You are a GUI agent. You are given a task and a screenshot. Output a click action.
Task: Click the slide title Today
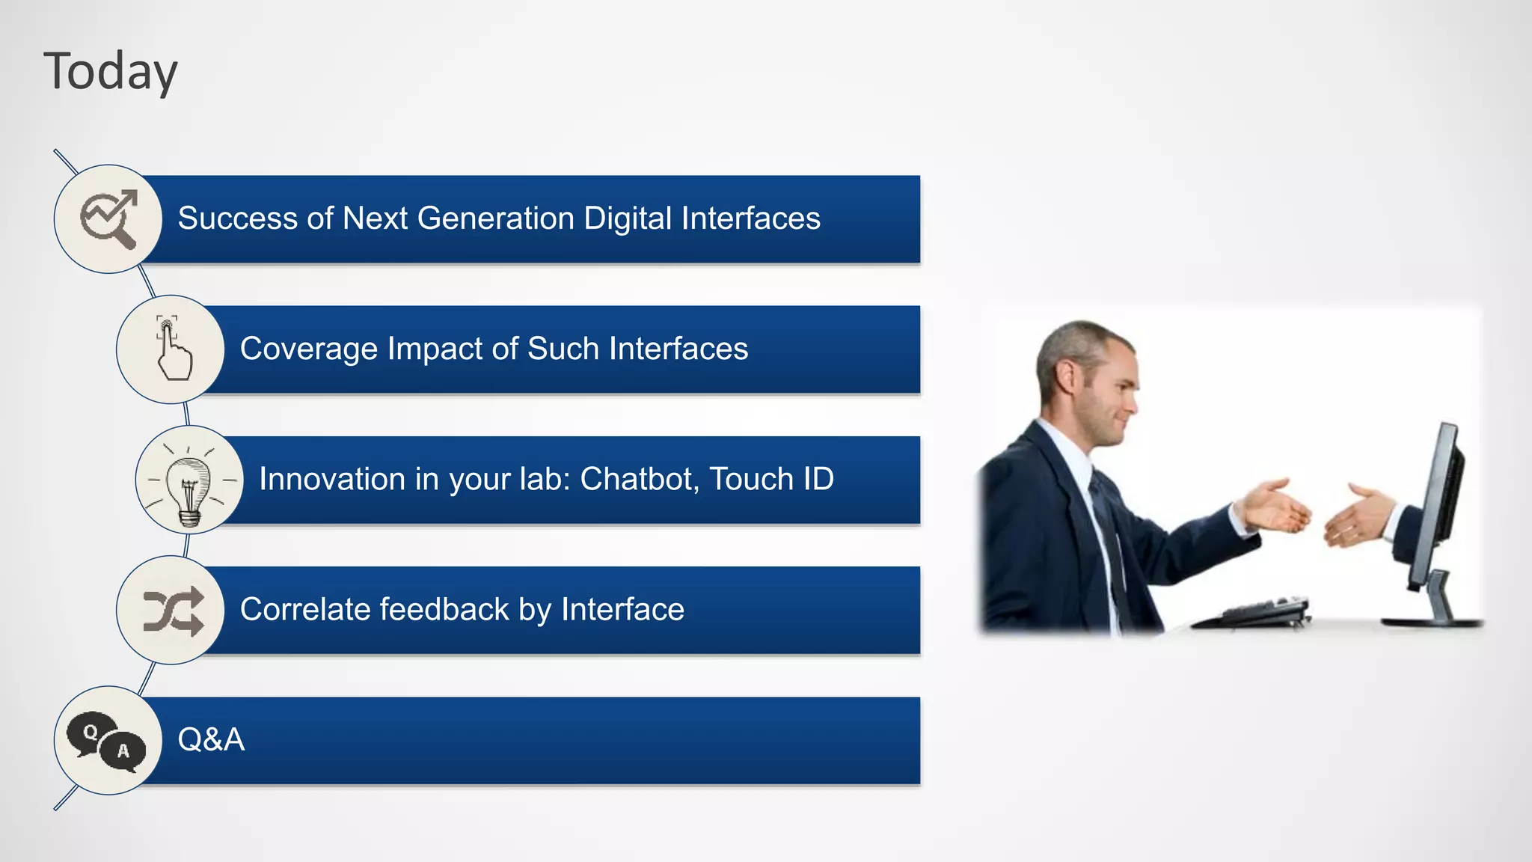click(111, 72)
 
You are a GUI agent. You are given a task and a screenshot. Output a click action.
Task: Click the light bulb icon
click(189, 480)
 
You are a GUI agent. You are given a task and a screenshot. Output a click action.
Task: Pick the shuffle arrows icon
click(172, 611)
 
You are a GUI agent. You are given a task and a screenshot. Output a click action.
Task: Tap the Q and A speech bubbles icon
click(107, 741)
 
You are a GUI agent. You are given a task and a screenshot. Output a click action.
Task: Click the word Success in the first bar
click(237, 218)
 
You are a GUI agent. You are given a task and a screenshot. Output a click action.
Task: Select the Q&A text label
click(211, 739)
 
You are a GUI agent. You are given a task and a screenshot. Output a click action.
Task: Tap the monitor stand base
click(1433, 620)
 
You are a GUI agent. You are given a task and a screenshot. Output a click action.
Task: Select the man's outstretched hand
click(1275, 507)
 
